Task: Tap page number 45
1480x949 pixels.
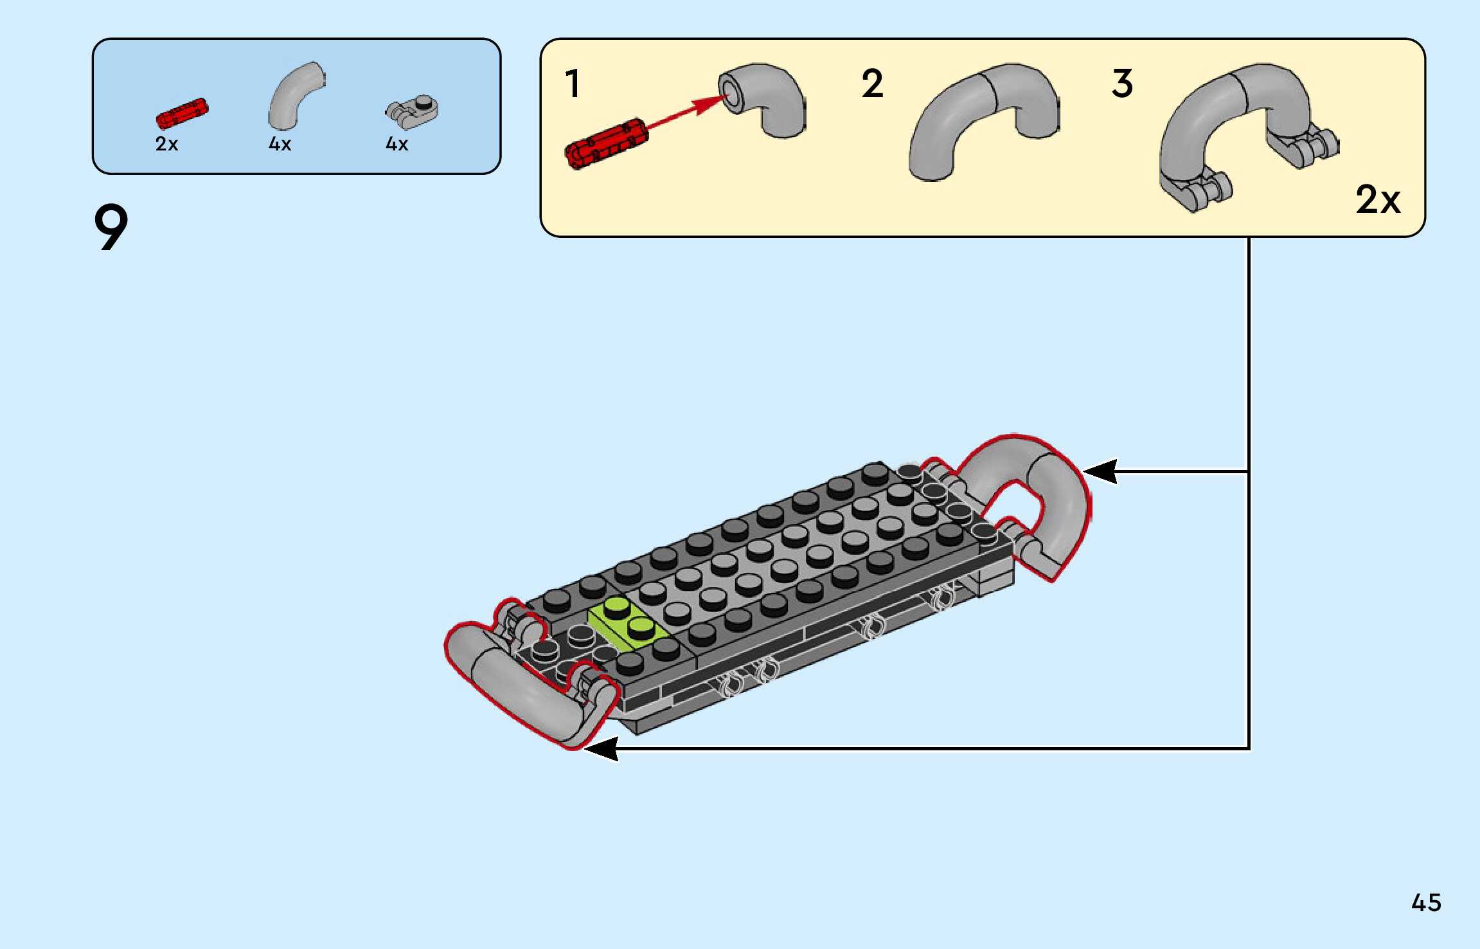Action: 1426,903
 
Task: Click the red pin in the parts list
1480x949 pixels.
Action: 182,114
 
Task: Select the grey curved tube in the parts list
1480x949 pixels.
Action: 294,95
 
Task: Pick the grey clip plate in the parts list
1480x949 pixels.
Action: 413,111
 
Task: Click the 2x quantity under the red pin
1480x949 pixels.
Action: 166,144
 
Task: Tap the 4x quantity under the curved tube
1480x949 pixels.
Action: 280,144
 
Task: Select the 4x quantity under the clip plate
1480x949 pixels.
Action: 397,144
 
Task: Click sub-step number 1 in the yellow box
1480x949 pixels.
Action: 573,84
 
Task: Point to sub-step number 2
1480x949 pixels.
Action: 872,84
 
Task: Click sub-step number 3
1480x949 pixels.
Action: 1122,84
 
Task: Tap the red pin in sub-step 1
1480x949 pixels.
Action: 605,143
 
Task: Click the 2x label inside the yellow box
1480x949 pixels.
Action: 1377,200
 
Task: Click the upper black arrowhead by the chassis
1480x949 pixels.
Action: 1100,471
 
